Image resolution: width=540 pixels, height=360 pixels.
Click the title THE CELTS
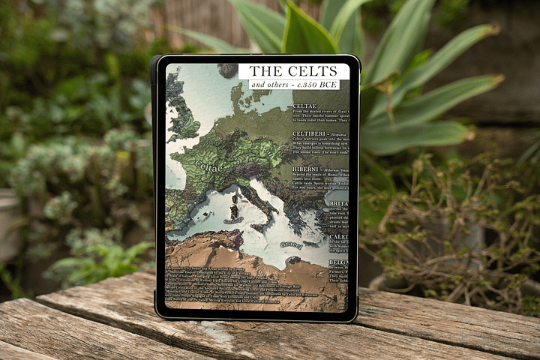pyautogui.click(x=293, y=71)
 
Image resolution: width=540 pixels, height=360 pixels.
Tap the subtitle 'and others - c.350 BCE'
pyautogui.click(x=293, y=85)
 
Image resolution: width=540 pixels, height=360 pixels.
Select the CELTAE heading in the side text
pyautogui.click(x=305, y=106)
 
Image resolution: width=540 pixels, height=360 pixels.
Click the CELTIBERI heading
pyautogui.click(x=309, y=133)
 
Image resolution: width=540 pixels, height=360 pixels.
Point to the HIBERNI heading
pyautogui.click(x=306, y=169)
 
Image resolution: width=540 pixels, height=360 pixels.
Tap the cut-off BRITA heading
pyautogui.click(x=339, y=203)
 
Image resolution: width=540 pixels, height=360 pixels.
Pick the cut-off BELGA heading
pyautogui.click(x=339, y=262)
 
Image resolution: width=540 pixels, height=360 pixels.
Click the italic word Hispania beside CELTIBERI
pyautogui.click(x=337, y=134)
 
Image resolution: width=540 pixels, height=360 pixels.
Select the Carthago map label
pyautogui.click(x=233, y=221)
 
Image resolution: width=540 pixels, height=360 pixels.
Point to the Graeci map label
pyautogui.click(x=291, y=244)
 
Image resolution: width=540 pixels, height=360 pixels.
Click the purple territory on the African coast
pyautogui.click(x=233, y=238)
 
